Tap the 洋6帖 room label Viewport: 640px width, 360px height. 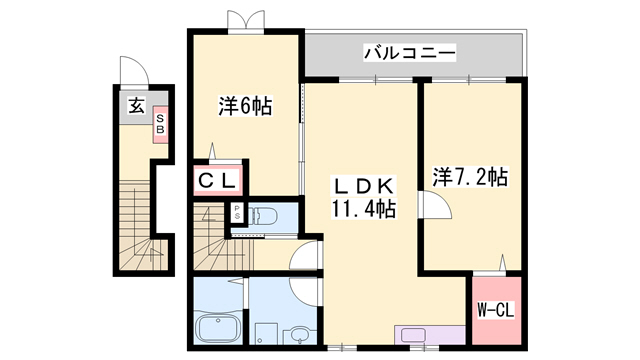tap(246, 105)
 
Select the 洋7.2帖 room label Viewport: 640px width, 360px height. tap(470, 178)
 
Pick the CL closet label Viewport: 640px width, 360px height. tap(215, 181)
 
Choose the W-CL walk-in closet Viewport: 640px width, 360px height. tap(495, 308)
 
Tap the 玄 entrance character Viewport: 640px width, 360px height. tap(133, 105)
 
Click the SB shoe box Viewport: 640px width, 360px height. tap(159, 124)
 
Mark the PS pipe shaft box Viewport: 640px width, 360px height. tap(237, 213)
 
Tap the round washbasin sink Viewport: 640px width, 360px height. tap(299, 334)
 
